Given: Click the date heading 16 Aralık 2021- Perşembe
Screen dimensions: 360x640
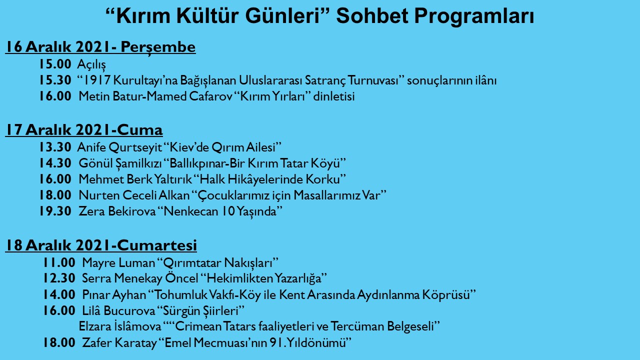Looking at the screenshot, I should [100, 47].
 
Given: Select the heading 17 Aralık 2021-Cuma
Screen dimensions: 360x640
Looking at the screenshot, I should [84, 130].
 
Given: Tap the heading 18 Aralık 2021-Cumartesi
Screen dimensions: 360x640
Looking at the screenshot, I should [101, 245].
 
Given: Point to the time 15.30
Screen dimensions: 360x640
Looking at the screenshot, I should [55, 80].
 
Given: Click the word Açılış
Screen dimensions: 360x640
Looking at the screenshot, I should [91, 64].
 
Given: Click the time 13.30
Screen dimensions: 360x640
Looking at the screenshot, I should [55, 147].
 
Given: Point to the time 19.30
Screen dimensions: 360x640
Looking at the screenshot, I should [55, 211].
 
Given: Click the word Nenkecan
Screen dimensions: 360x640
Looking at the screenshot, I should [188, 211].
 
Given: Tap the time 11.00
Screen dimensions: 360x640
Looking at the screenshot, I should [59, 262].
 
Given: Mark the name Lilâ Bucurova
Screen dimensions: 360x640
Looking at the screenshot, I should [119, 310].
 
